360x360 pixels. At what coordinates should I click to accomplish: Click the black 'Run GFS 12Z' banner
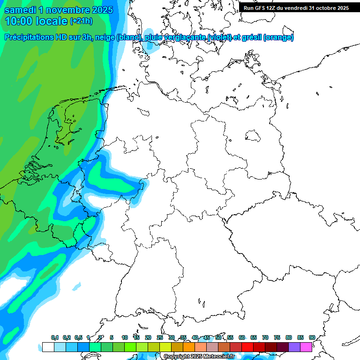[296, 8]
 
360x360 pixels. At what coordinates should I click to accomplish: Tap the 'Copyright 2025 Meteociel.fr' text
[199, 357]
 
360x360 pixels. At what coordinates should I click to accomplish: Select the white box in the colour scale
[48, 347]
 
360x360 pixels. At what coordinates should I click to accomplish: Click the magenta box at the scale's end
[306, 347]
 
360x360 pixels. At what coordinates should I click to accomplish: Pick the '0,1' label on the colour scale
[55, 337]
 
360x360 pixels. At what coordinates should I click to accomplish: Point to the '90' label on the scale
[312, 337]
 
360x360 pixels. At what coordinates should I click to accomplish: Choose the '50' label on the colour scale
[218, 337]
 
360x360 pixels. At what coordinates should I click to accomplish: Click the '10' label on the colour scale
[125, 337]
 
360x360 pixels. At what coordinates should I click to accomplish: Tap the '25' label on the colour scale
[160, 337]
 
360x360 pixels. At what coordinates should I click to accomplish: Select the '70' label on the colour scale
[265, 337]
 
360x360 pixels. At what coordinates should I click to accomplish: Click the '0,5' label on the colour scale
[78, 337]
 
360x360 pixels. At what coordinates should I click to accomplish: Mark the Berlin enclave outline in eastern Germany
[253, 136]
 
